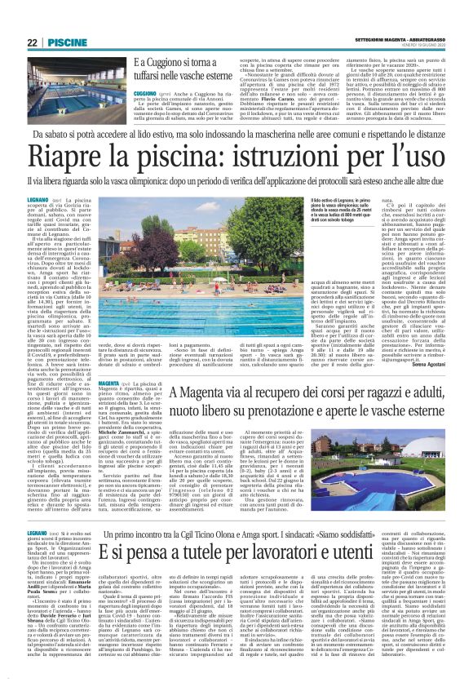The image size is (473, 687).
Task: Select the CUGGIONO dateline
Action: [149, 93]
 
